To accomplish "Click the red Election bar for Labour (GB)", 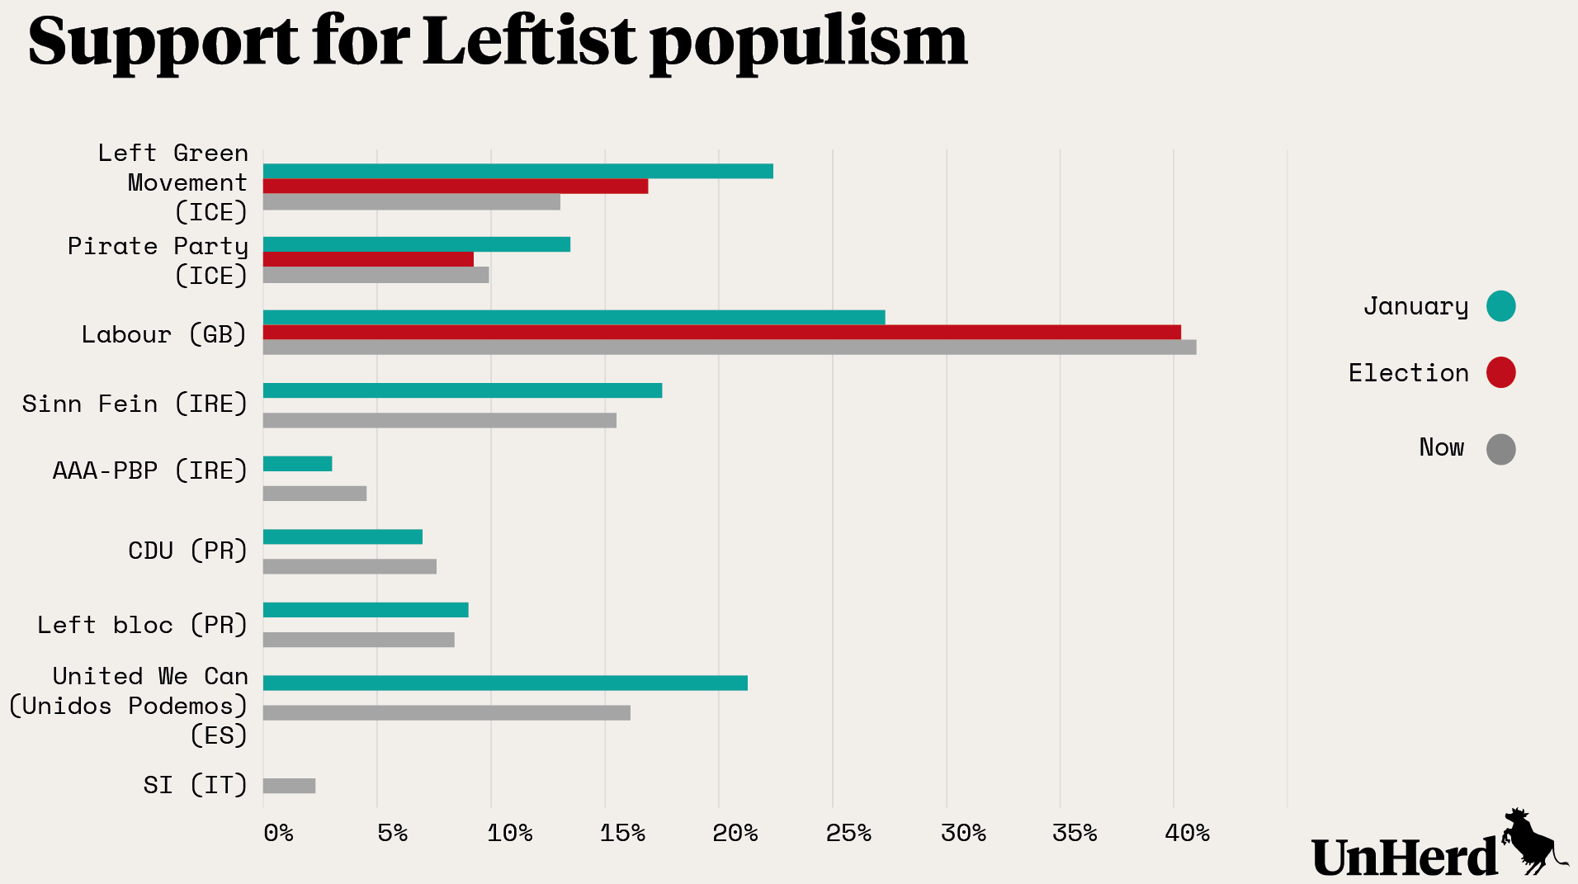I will coord(721,333).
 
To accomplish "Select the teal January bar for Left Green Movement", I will coord(517,172).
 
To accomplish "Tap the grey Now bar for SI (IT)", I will coord(289,786).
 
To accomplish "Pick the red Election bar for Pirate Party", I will coord(368,259).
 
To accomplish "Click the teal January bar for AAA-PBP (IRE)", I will coord(297,464).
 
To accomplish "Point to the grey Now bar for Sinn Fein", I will coord(439,420).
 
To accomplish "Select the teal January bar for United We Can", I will coord(505,683).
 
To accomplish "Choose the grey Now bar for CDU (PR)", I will coord(349,566).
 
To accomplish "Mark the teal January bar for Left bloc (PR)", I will coord(366,610).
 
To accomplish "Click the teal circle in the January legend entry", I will coord(1500,306).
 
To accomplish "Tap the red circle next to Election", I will coord(1500,372).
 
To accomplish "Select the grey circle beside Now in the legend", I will coord(1500,449).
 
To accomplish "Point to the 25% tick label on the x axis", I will coord(848,834).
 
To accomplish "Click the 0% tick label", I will coord(278,834).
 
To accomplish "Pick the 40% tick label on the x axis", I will coord(1187,834).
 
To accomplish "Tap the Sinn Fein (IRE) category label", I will coord(135,404).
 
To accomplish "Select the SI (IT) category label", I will coord(195,784).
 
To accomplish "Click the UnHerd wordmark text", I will coord(1403,857).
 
